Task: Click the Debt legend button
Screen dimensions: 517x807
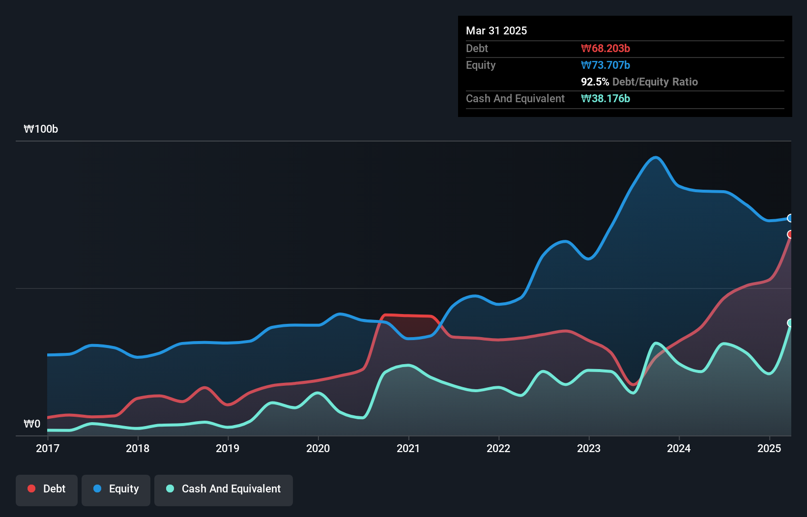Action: (x=47, y=489)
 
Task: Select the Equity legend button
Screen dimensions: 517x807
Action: (x=116, y=489)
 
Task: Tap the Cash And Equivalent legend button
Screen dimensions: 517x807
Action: (x=224, y=489)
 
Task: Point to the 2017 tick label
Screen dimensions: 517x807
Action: (x=48, y=448)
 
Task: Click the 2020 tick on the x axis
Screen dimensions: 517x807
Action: (x=318, y=448)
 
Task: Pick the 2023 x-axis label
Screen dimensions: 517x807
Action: (x=589, y=448)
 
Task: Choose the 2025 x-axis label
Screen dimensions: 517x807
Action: (x=769, y=448)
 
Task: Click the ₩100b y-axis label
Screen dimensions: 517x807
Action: (x=41, y=129)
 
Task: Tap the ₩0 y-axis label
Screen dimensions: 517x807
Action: (x=32, y=424)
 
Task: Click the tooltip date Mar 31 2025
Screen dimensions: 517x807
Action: (x=496, y=30)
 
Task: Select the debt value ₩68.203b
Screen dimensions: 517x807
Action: (x=605, y=48)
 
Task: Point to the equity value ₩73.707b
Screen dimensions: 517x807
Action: (x=605, y=65)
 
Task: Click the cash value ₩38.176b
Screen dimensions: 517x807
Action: (x=605, y=98)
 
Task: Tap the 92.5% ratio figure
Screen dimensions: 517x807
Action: (x=595, y=82)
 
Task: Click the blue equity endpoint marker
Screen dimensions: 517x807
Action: (x=790, y=218)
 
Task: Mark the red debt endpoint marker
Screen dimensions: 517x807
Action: (x=790, y=234)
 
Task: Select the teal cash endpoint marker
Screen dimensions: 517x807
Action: (x=790, y=323)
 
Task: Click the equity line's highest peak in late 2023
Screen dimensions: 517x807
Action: (x=656, y=157)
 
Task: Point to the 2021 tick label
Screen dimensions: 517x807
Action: (x=408, y=448)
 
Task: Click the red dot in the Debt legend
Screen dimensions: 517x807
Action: (x=31, y=488)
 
